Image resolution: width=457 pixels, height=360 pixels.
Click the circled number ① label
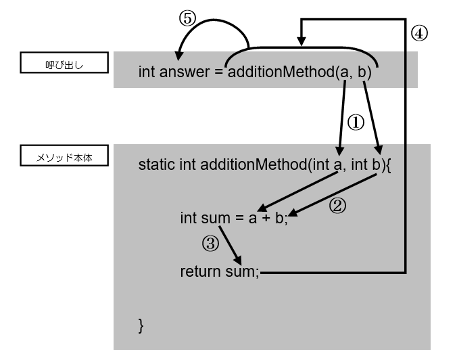[356, 122]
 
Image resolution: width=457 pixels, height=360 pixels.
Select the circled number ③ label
[211, 244]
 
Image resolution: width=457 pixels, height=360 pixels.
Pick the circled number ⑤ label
[187, 20]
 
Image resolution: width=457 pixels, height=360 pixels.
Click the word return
[198, 272]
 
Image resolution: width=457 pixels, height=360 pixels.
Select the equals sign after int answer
[218, 71]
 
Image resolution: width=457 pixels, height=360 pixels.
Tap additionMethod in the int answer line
[281, 71]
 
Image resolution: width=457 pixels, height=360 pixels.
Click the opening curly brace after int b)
[389, 166]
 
